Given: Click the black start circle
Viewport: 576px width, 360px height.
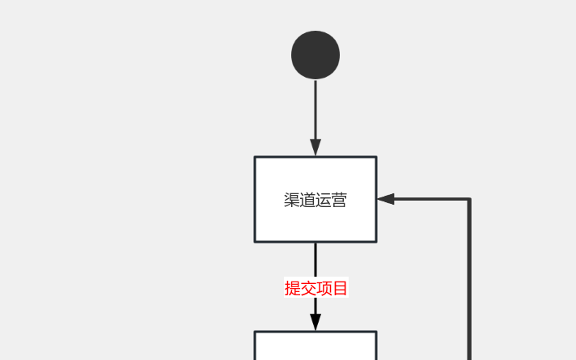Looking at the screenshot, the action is click(x=316, y=55).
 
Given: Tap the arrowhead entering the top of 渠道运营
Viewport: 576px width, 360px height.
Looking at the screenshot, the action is click(x=316, y=148).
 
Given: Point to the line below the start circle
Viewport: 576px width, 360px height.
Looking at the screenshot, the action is click(x=316, y=110).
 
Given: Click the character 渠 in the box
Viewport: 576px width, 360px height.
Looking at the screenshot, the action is click(x=292, y=200).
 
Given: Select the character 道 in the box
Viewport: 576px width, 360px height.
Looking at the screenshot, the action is click(x=307, y=200).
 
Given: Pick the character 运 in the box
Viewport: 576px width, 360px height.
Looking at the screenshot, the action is click(x=324, y=200).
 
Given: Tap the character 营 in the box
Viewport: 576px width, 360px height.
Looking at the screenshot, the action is click(x=339, y=200).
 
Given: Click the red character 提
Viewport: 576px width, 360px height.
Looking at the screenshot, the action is click(x=292, y=288).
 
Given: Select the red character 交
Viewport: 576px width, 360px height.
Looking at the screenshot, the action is click(x=308, y=288).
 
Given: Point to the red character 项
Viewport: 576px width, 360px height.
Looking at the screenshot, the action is click(x=324, y=288).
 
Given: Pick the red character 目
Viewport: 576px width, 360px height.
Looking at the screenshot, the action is click(x=340, y=288).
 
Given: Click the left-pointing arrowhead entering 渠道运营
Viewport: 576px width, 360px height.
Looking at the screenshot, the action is click(x=386, y=199).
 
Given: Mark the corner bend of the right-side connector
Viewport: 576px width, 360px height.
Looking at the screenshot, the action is click(x=469, y=199).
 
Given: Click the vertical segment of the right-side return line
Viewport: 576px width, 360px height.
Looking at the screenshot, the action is click(x=469, y=280).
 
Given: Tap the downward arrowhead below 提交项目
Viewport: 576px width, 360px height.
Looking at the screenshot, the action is click(x=316, y=322).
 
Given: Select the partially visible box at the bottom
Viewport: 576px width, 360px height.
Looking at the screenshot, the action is click(x=316, y=345).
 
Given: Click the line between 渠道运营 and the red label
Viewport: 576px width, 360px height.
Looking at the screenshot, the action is click(x=316, y=260).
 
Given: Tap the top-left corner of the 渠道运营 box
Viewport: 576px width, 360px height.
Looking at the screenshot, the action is click(x=255, y=157).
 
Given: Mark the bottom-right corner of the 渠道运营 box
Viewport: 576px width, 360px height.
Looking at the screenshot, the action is click(x=376, y=242).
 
